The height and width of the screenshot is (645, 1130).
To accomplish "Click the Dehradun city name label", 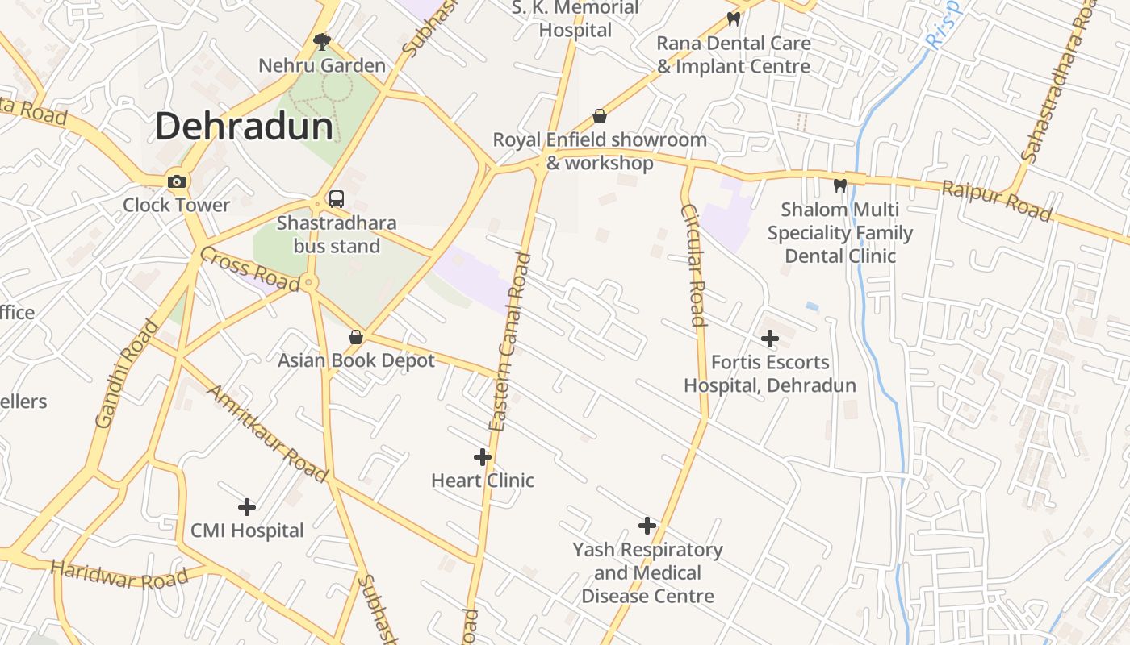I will [x=244, y=127].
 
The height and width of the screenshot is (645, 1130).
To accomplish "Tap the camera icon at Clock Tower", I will [x=177, y=181].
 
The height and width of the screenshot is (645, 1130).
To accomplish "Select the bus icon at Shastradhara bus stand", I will [x=337, y=199].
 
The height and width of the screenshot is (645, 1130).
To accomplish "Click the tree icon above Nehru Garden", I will [x=322, y=41].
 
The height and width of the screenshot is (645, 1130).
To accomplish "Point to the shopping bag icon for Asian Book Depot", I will [x=355, y=337].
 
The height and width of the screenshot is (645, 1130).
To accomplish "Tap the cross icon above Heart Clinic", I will [x=483, y=457].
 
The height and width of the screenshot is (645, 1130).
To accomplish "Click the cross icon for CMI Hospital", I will [x=247, y=507].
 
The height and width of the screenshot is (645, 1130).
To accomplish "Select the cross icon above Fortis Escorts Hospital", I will [x=770, y=339].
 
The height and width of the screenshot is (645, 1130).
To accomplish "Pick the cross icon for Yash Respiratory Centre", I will [x=647, y=526].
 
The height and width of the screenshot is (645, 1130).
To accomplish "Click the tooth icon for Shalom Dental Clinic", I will [x=840, y=186].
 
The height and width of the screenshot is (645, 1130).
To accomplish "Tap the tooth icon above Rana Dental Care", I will [x=734, y=19].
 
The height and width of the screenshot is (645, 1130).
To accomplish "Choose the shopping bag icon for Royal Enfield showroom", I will [x=600, y=116].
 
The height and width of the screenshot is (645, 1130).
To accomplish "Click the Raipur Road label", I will [x=997, y=202].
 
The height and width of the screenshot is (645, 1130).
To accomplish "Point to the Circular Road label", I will [x=693, y=265].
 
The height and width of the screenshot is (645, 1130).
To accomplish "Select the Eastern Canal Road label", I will [x=511, y=342].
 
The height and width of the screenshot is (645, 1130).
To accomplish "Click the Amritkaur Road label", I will [x=268, y=434].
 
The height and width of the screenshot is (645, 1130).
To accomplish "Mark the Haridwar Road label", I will [x=119, y=574].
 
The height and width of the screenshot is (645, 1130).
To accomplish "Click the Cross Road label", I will [x=249, y=269].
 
